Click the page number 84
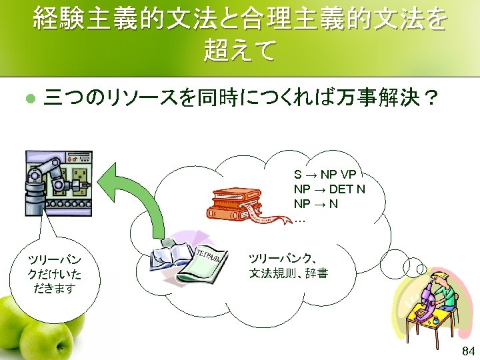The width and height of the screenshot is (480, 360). click(x=468, y=351)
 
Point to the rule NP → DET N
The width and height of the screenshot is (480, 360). click(x=329, y=189)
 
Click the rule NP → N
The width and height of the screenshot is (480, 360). click(x=315, y=203)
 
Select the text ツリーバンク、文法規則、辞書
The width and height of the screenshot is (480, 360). click(x=288, y=266)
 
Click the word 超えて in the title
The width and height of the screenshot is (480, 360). click(x=239, y=51)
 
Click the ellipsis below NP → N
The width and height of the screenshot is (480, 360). click(x=299, y=218)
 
